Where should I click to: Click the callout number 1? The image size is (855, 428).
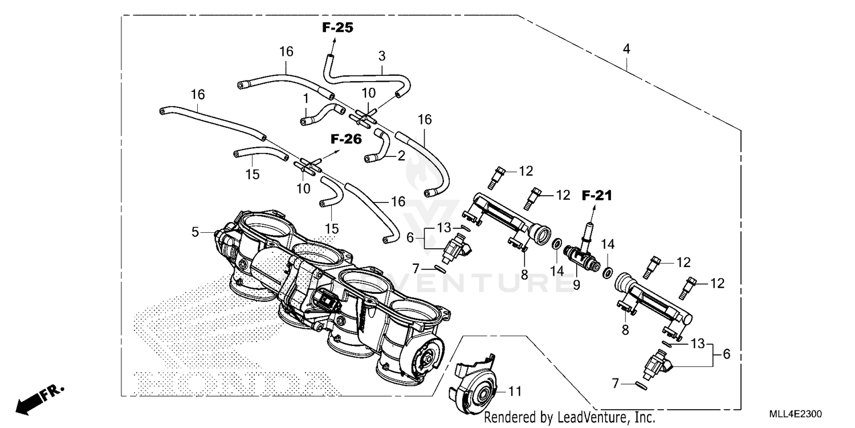(x=306, y=98)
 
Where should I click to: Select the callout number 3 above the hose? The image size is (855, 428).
(x=382, y=56)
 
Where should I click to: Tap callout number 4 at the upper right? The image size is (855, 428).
(x=626, y=49)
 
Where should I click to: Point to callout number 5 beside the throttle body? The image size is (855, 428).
(x=196, y=232)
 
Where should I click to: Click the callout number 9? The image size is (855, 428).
(x=576, y=284)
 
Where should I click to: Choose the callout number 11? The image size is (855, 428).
(x=515, y=392)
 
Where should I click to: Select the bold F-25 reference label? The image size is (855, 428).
(x=337, y=27)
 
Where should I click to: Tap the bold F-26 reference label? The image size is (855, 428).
(x=346, y=139)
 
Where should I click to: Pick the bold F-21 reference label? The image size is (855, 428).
(x=596, y=196)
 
